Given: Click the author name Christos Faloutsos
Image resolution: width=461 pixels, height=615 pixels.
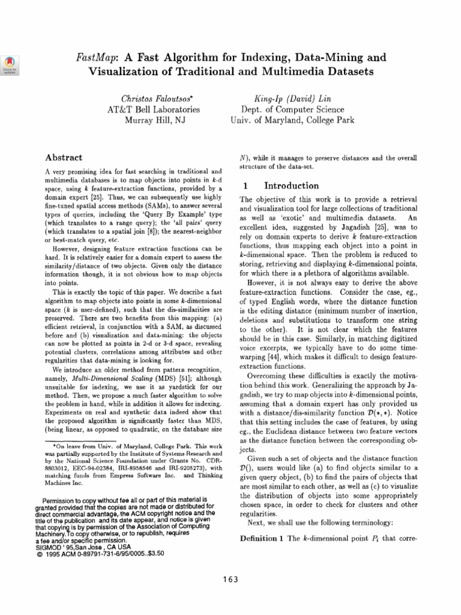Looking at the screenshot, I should (153, 97).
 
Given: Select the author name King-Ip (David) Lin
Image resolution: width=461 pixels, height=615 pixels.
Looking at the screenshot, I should (292, 97).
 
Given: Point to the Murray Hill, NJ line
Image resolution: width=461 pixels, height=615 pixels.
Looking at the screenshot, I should (153, 120).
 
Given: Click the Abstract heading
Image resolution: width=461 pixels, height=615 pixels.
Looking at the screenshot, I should (64, 157).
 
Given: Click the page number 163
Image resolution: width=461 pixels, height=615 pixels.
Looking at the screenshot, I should (230, 579).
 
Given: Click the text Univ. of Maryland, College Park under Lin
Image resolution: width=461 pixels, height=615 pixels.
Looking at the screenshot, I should (292, 120).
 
